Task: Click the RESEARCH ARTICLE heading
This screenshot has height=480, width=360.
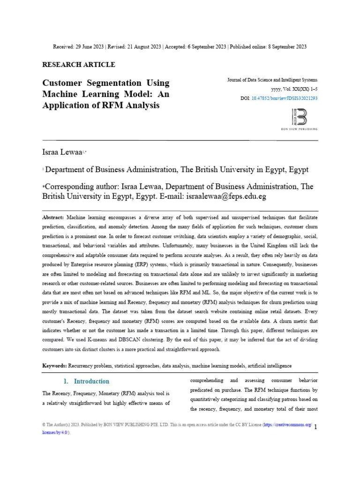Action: click(x=79, y=65)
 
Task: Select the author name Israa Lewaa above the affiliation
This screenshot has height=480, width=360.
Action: click(x=62, y=152)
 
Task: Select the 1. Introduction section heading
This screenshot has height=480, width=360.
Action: click(x=86, y=381)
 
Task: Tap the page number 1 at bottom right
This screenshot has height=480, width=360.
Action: click(x=315, y=427)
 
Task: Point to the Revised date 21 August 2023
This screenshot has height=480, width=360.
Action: click(x=142, y=46)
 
